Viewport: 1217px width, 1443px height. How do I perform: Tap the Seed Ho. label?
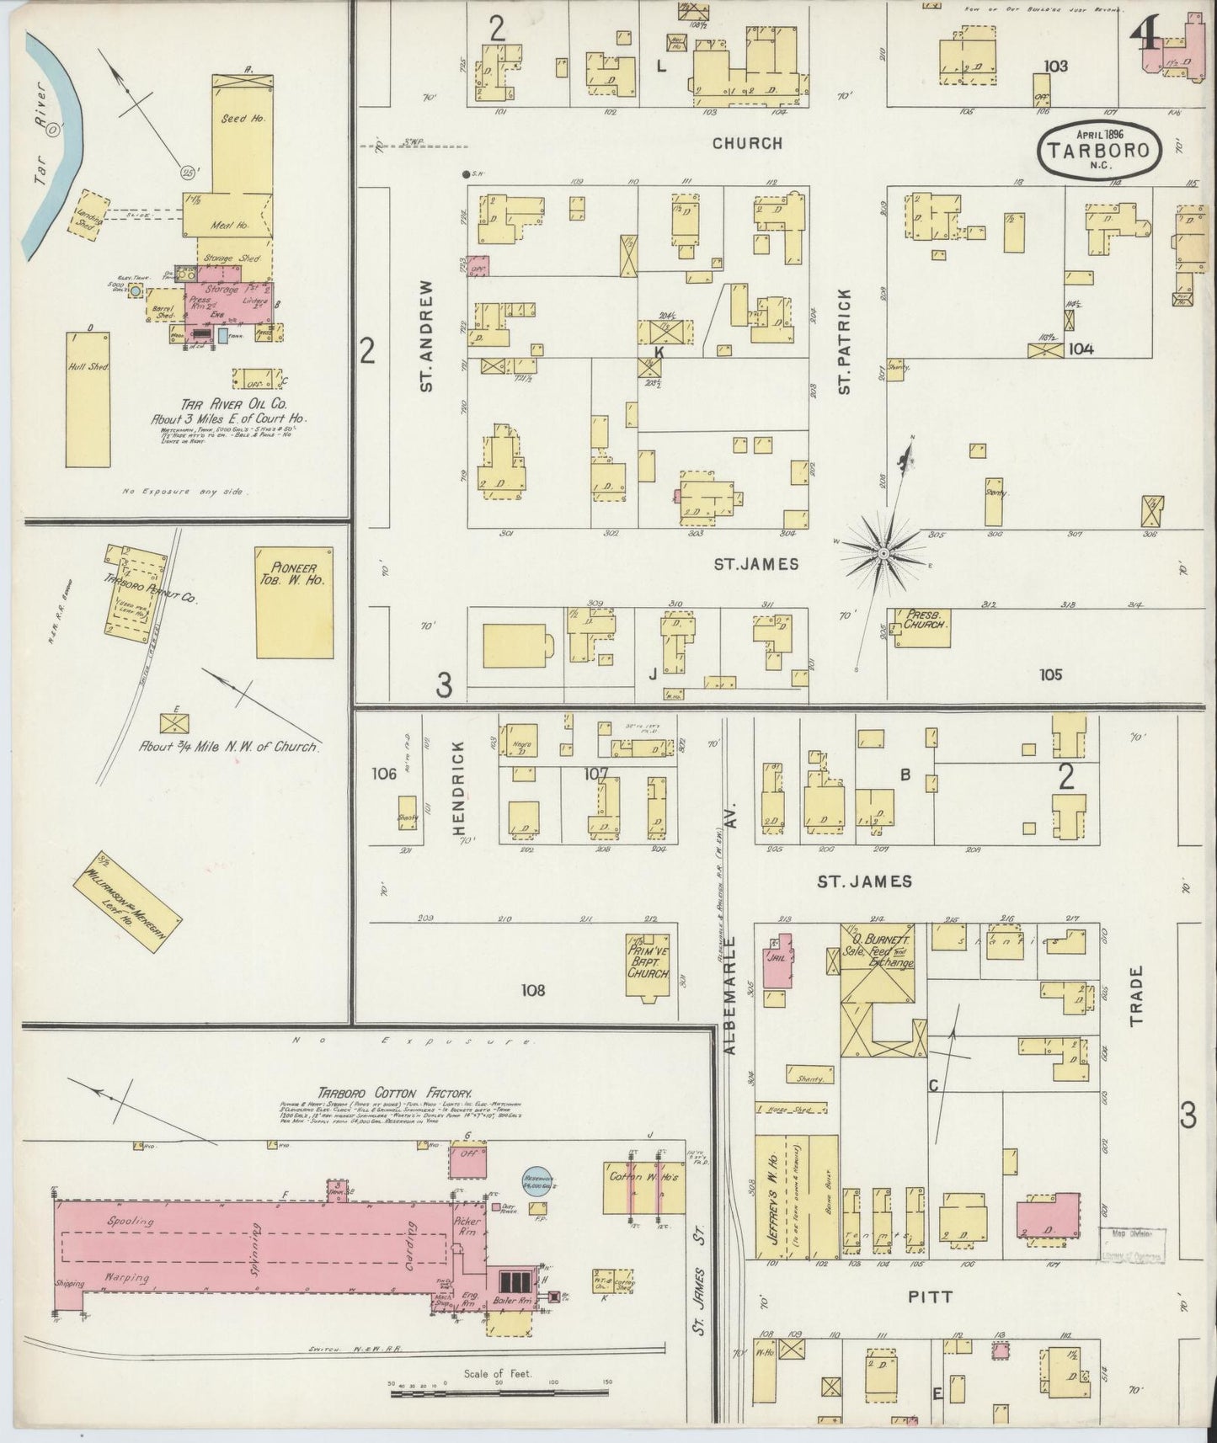click(x=243, y=119)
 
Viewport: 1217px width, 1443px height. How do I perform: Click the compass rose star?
click(x=883, y=552)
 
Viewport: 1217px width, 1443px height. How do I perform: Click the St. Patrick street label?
click(x=845, y=342)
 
